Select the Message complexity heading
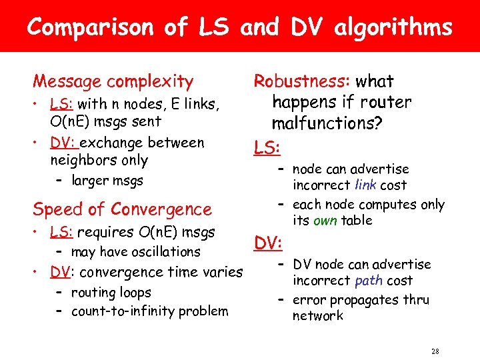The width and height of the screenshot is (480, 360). coord(113,81)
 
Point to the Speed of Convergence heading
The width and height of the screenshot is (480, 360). coord(122,209)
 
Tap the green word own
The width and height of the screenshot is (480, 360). coord(325,220)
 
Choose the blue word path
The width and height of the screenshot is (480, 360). coord(368,281)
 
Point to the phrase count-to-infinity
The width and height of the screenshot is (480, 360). coord(123,311)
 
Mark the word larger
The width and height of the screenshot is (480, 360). coord(89,181)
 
